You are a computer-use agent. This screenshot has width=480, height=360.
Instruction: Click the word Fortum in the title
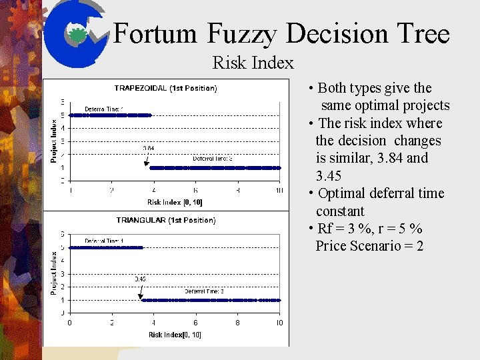[x=155, y=34]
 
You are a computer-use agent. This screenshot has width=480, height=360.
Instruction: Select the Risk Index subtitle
[x=253, y=63]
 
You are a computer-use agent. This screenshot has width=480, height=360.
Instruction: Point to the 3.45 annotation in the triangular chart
[x=141, y=279]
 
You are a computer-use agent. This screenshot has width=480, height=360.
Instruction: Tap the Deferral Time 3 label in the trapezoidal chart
[x=213, y=158]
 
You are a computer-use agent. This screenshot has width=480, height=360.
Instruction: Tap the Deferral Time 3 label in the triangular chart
[x=204, y=291]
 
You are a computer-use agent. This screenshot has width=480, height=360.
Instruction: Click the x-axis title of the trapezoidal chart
[x=175, y=202]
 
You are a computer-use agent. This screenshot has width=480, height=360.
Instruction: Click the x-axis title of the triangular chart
[x=175, y=335]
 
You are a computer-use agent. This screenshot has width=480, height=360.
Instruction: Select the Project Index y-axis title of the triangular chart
[x=54, y=273]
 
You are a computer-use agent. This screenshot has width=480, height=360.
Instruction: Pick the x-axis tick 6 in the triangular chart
[x=195, y=323]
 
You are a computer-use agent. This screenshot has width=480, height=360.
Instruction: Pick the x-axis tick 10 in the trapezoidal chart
[x=279, y=191]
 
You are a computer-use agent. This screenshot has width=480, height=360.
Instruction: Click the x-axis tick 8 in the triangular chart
[x=237, y=323]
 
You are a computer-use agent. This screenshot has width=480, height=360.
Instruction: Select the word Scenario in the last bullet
[x=383, y=246]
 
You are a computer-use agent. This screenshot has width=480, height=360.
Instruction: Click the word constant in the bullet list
[x=340, y=211]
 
